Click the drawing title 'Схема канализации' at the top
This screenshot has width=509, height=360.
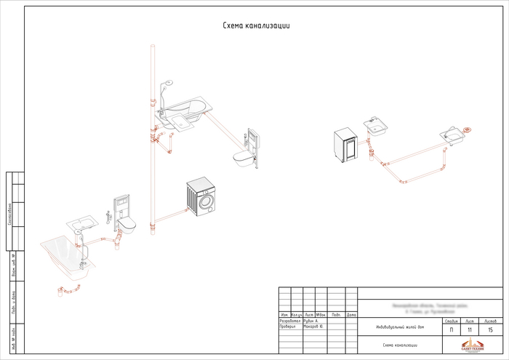click(x=256, y=25)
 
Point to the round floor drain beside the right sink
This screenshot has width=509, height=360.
click(x=468, y=130)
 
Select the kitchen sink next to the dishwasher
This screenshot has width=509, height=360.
click(x=377, y=126)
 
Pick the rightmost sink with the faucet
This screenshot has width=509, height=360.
click(x=452, y=135)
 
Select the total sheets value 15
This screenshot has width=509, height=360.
click(x=491, y=329)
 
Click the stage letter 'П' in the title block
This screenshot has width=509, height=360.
click(x=451, y=329)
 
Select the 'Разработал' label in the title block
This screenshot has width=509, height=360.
click(x=289, y=321)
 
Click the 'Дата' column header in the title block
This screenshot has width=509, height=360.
click(x=351, y=314)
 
